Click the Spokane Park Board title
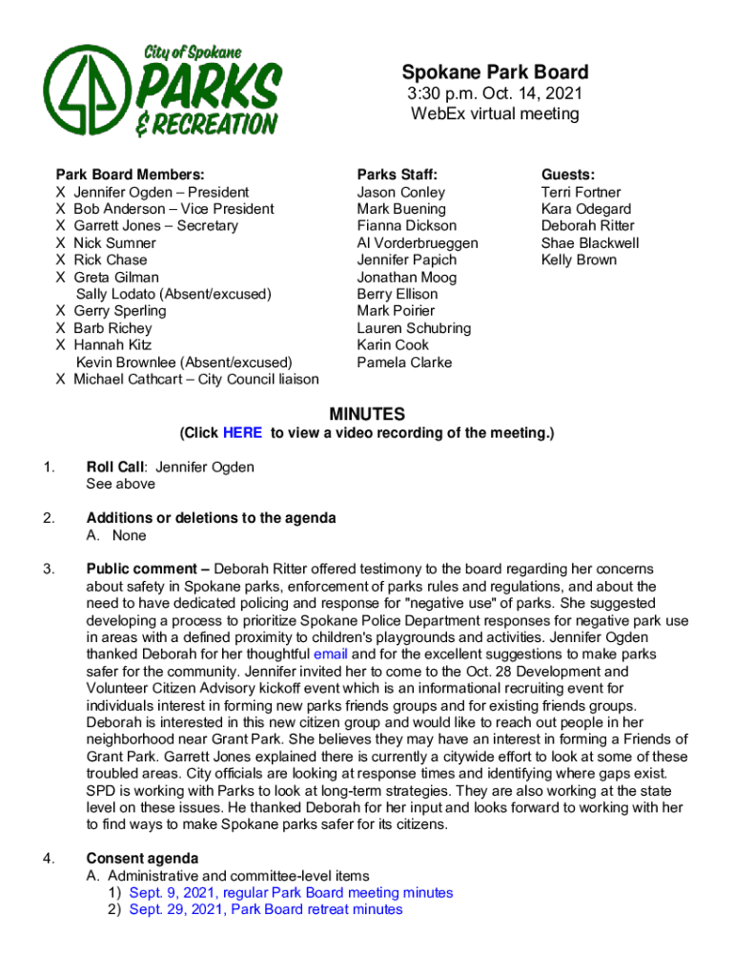pyautogui.click(x=495, y=73)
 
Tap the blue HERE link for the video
pyautogui.click(x=242, y=433)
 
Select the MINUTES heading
pyautogui.click(x=367, y=414)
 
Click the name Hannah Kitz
pyautogui.click(x=112, y=345)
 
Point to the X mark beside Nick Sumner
pyautogui.click(x=61, y=243)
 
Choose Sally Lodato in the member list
pyautogui.click(x=173, y=294)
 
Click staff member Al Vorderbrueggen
pyautogui.click(x=418, y=243)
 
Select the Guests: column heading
pyautogui.click(x=568, y=175)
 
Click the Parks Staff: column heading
pyautogui.click(x=398, y=175)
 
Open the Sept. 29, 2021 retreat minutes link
pyautogui.click(x=266, y=910)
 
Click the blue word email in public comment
pyautogui.click(x=331, y=655)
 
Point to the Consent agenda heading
pyautogui.click(x=142, y=859)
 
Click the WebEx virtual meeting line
pyautogui.click(x=495, y=114)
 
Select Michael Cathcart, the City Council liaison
pyautogui.click(x=196, y=380)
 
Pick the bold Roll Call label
pyautogui.click(x=114, y=468)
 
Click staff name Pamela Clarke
pyautogui.click(x=404, y=363)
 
